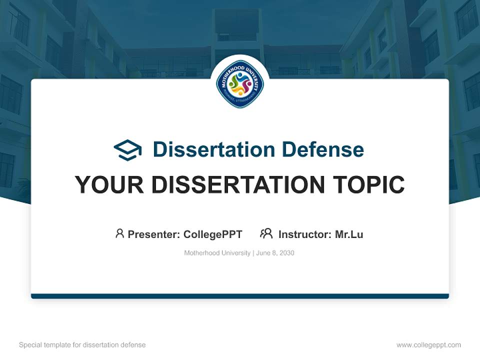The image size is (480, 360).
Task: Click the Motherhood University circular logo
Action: coord(240,84)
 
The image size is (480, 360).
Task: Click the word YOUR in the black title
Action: coord(109,185)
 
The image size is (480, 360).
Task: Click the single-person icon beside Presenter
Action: coord(119,233)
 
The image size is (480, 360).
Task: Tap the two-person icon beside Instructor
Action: coord(266,233)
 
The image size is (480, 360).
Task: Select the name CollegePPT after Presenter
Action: coord(213,234)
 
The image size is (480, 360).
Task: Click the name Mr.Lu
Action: coord(349,234)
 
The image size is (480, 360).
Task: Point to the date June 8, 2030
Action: coord(275,253)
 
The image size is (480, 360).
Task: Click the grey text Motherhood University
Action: coord(217,253)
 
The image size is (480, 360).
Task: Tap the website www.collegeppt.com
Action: coord(428,345)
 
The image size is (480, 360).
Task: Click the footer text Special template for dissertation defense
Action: coord(82,345)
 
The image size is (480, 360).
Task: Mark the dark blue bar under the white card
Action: coord(240,296)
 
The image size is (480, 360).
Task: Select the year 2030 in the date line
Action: coord(287,253)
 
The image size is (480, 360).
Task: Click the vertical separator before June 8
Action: coord(253,253)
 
